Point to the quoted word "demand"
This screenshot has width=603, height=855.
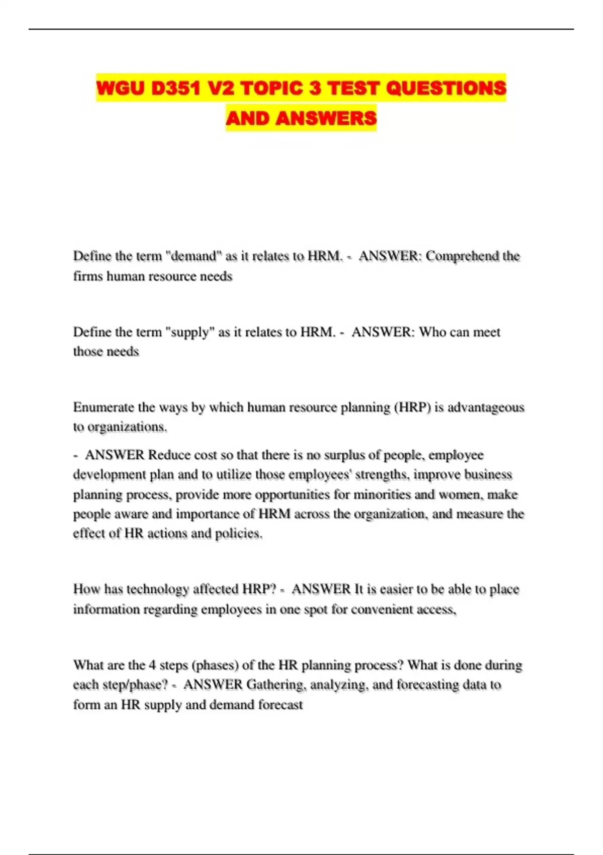coord(193,256)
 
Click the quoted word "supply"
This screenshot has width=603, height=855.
coord(190,332)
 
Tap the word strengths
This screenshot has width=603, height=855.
coord(381,474)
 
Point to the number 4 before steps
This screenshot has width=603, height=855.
coord(152,665)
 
